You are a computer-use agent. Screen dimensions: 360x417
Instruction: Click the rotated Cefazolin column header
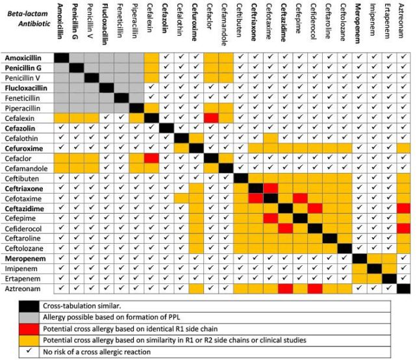[167, 27]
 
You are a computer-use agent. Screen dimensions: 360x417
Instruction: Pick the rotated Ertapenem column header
[388, 27]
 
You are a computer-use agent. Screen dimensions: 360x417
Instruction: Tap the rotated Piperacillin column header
[136, 27]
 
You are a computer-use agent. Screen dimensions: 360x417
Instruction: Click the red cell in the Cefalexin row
[211, 118]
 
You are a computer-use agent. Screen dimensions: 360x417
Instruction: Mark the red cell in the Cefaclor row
[151, 158]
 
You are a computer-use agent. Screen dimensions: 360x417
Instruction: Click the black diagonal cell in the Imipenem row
[374, 268]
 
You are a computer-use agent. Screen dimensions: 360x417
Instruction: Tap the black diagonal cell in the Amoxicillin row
[62, 58]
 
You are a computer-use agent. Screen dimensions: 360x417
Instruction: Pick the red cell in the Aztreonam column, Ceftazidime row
[404, 208]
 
